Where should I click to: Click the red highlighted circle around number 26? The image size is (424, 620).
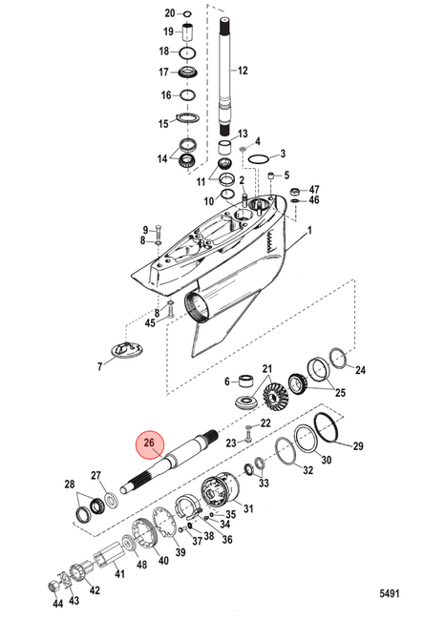pos(149,444)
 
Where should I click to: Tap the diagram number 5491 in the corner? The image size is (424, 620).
pos(390,593)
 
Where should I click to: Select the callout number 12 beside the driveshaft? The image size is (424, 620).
pos(243,71)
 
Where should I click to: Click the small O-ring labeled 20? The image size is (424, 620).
pos(187,14)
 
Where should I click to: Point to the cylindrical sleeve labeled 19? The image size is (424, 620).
pos(187,31)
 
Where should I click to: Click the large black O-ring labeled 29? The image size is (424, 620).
pos(327,427)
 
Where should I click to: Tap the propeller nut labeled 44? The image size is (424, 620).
pos(53,586)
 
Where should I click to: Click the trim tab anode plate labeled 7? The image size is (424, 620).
pos(127,350)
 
